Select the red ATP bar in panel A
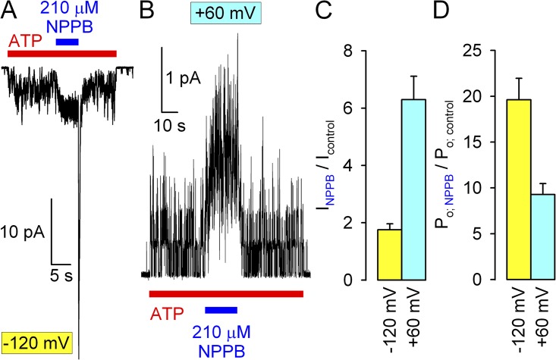(x=61, y=53)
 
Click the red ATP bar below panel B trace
(x=226, y=294)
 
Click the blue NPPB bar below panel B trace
(x=221, y=308)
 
